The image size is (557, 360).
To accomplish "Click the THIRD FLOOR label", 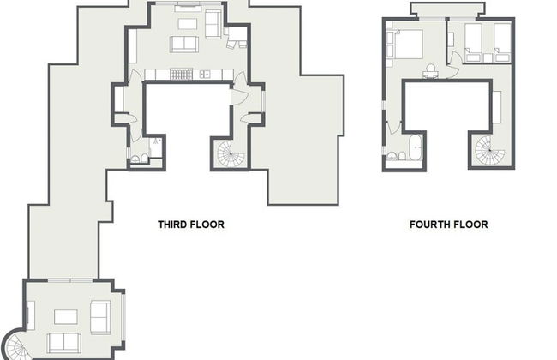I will tap(190, 225).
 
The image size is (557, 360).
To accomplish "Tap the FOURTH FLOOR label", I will tap(448, 225).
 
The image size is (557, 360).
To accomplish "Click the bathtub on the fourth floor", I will tap(416, 147).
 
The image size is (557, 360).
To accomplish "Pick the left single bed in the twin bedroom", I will tap(473, 39).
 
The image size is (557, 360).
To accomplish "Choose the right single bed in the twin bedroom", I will tap(501, 39).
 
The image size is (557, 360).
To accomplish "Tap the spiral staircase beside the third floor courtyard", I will tap(229, 154).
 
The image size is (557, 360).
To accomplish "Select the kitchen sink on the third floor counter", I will tap(205, 75).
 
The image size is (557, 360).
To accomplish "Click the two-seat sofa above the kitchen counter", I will tap(184, 44).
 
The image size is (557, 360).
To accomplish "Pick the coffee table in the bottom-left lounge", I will tap(66, 316).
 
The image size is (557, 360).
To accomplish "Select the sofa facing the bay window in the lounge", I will tap(99, 316).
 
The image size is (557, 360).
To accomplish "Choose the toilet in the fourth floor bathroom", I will tap(392, 157).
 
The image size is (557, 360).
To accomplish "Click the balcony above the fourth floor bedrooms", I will tap(441, 9).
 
